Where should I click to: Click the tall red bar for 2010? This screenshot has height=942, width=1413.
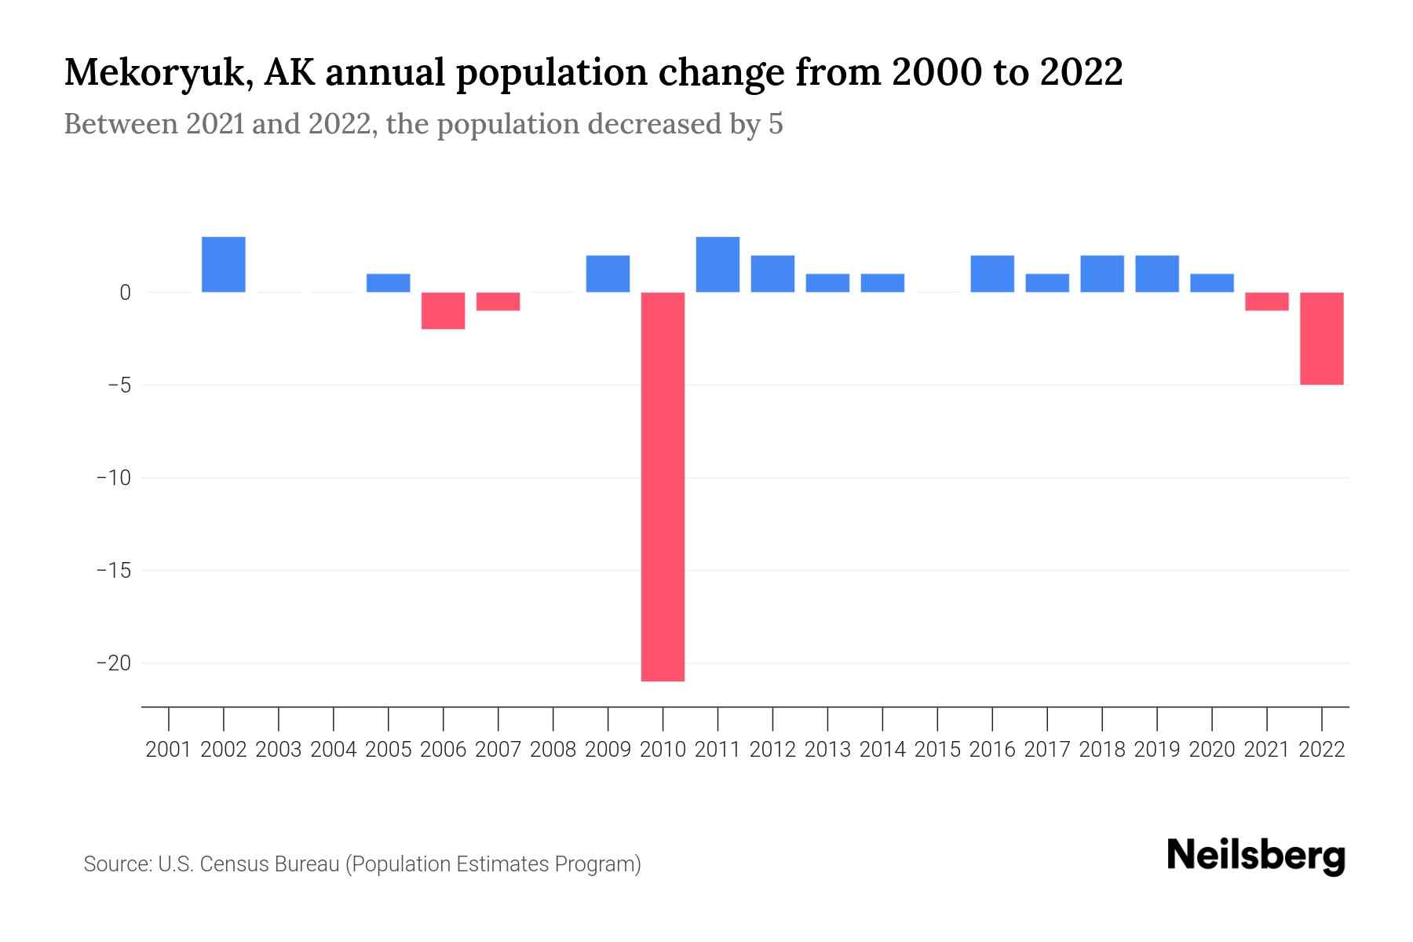(663, 487)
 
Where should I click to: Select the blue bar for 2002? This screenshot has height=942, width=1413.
(224, 265)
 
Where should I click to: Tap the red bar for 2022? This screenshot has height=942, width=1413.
(1322, 338)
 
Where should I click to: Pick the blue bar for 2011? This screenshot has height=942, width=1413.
(717, 265)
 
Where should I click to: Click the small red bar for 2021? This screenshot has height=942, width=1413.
(1267, 301)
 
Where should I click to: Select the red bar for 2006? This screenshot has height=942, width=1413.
(444, 311)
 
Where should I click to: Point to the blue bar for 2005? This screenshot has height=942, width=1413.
(389, 283)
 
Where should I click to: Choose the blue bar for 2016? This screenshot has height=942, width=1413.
(992, 274)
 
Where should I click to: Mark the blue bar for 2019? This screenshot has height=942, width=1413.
(1157, 274)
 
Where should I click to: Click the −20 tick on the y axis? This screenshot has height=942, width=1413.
(114, 663)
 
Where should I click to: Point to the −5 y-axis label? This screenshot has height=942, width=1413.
(114, 385)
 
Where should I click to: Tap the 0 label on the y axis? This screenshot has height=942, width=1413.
(125, 293)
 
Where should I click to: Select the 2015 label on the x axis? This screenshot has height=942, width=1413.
(937, 750)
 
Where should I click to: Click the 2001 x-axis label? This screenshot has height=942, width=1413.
(169, 750)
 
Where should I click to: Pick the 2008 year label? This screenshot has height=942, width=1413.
(553, 750)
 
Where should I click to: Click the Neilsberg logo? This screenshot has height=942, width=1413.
(1256, 856)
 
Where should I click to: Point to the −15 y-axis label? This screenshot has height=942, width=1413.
(114, 571)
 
